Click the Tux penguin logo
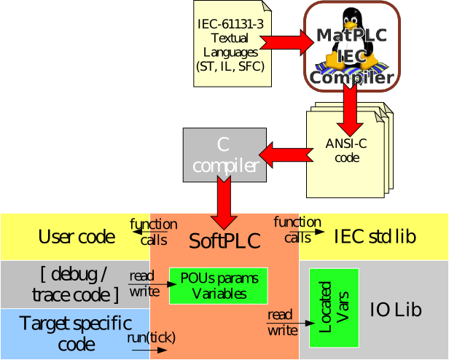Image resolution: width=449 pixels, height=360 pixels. click(350, 36)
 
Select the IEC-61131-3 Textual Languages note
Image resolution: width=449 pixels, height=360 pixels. click(230, 44)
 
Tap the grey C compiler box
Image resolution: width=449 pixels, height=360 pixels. click(219, 155)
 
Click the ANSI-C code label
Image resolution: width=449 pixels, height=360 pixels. click(337, 150)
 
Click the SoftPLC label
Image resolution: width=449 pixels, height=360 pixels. click(224, 241)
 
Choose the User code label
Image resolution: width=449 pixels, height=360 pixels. click(77, 236)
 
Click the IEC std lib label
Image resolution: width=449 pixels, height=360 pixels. click(375, 236)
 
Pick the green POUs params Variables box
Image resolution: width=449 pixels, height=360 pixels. click(219, 286)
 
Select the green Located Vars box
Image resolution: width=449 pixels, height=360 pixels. click(334, 308)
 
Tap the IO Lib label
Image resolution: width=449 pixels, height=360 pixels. click(397, 310)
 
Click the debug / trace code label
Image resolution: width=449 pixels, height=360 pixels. click(76, 284)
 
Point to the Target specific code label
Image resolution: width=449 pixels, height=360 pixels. click(76, 333)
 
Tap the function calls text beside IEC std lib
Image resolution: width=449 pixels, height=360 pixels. click(297, 230)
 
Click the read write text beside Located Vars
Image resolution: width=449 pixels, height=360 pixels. click(282, 323)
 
